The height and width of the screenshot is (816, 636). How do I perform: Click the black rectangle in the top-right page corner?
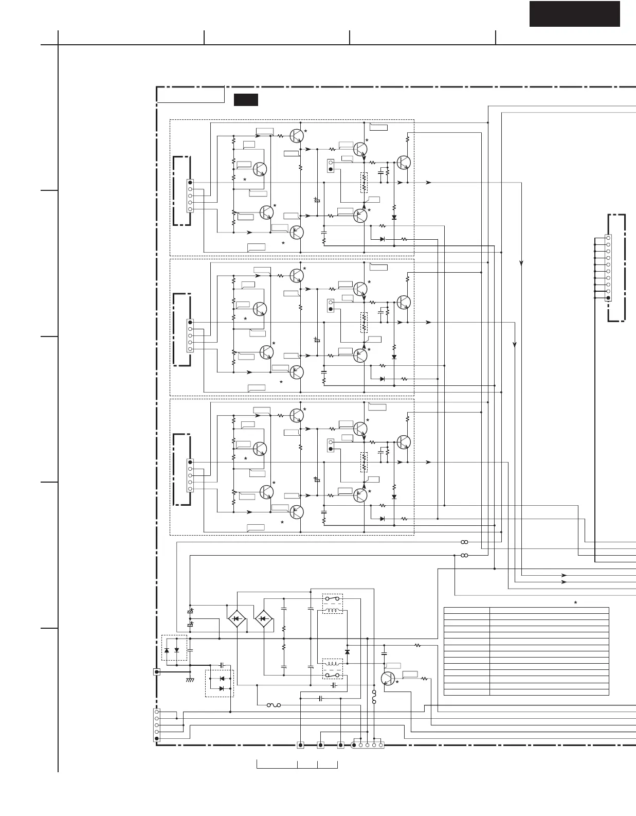click(x=574, y=14)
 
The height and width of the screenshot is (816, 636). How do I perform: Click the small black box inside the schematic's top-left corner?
click(x=246, y=100)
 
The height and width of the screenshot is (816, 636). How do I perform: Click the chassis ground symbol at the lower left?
click(x=190, y=680)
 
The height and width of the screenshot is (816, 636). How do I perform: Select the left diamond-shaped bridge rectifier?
click(x=237, y=618)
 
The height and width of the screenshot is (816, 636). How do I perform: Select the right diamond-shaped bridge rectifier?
click(x=263, y=618)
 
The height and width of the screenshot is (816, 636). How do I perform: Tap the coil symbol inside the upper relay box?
click(x=332, y=610)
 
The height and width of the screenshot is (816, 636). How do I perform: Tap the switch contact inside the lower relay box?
click(x=332, y=675)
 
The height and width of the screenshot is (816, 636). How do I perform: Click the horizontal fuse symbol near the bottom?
click(x=274, y=705)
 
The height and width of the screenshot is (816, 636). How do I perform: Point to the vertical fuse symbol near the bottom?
click(x=374, y=698)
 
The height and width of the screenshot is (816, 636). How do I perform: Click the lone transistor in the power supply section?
click(x=388, y=678)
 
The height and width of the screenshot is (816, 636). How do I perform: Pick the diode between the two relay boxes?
click(x=347, y=652)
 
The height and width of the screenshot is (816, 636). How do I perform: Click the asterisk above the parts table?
click(x=575, y=602)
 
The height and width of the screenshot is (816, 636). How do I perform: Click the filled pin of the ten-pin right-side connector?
click(x=608, y=298)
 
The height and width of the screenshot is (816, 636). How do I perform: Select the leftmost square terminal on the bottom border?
click(x=300, y=744)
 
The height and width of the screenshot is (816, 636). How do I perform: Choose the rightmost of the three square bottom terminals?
click(x=340, y=744)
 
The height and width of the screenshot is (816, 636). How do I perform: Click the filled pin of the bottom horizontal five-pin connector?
click(x=354, y=744)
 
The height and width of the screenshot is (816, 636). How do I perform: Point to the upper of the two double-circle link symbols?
click(x=464, y=542)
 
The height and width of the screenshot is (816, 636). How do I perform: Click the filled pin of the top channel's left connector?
click(x=190, y=182)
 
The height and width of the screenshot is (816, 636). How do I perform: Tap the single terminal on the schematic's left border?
click(x=157, y=671)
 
